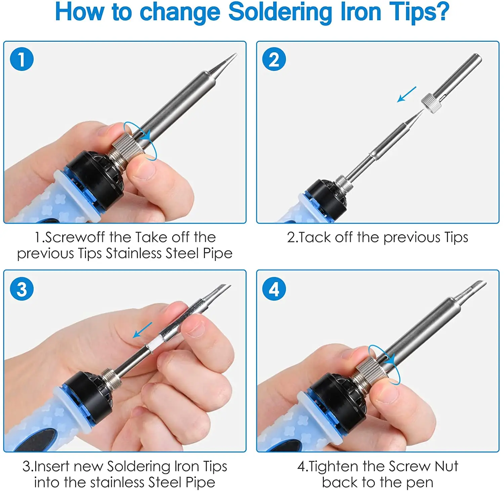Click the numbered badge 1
(22, 59)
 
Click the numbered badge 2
(274, 59)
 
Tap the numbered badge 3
(22, 289)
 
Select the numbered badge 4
(274, 289)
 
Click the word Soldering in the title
(280, 12)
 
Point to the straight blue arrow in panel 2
(407, 94)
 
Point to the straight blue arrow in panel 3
(142, 330)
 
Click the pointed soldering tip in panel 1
(224, 64)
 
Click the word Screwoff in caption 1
(75, 237)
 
